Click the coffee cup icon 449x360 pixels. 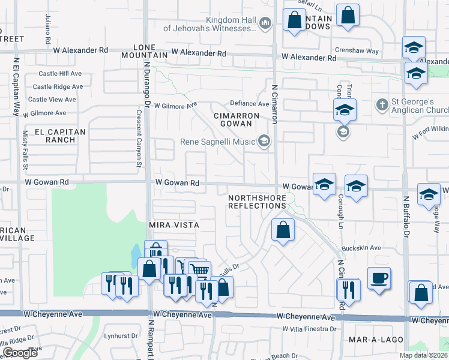coord(379,278)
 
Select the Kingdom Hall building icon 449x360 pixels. coord(266,23)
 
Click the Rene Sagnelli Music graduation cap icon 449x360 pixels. coord(263,142)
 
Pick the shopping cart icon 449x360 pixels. coord(200,270)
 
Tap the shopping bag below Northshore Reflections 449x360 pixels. coord(283,229)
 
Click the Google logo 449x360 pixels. coord(20,353)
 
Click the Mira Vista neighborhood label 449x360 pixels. coord(173,224)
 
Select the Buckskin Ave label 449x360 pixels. coord(361,247)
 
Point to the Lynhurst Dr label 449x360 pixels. coord(121,335)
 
